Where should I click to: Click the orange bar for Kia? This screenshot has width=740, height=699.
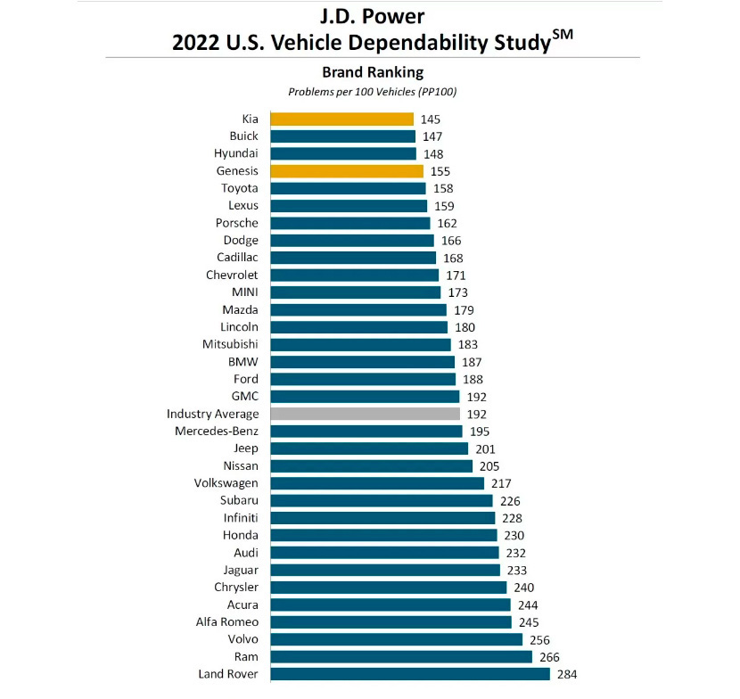341,119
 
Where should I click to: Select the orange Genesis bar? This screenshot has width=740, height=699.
347,170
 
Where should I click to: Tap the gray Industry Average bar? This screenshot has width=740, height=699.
365,414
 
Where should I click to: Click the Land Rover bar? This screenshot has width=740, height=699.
410,674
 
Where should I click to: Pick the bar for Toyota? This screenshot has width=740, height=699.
348,188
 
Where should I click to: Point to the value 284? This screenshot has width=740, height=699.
567,674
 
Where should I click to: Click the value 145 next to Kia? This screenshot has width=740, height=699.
431,119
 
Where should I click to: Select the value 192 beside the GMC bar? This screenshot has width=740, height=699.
477,397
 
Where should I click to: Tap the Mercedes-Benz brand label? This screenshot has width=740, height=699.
217,431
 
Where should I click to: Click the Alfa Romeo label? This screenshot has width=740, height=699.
226,621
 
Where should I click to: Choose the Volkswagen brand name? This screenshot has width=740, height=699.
226,482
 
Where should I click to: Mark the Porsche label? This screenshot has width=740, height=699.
237,223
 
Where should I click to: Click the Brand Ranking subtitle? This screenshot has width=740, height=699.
373,72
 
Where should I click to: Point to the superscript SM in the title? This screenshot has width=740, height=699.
563,35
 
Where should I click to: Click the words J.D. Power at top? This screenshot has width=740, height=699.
372,15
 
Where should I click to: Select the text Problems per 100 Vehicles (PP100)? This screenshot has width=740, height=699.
373,91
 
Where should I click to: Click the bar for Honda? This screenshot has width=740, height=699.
383,535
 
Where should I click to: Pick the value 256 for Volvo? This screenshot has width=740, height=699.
539,639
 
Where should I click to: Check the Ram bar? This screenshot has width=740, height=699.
401,656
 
